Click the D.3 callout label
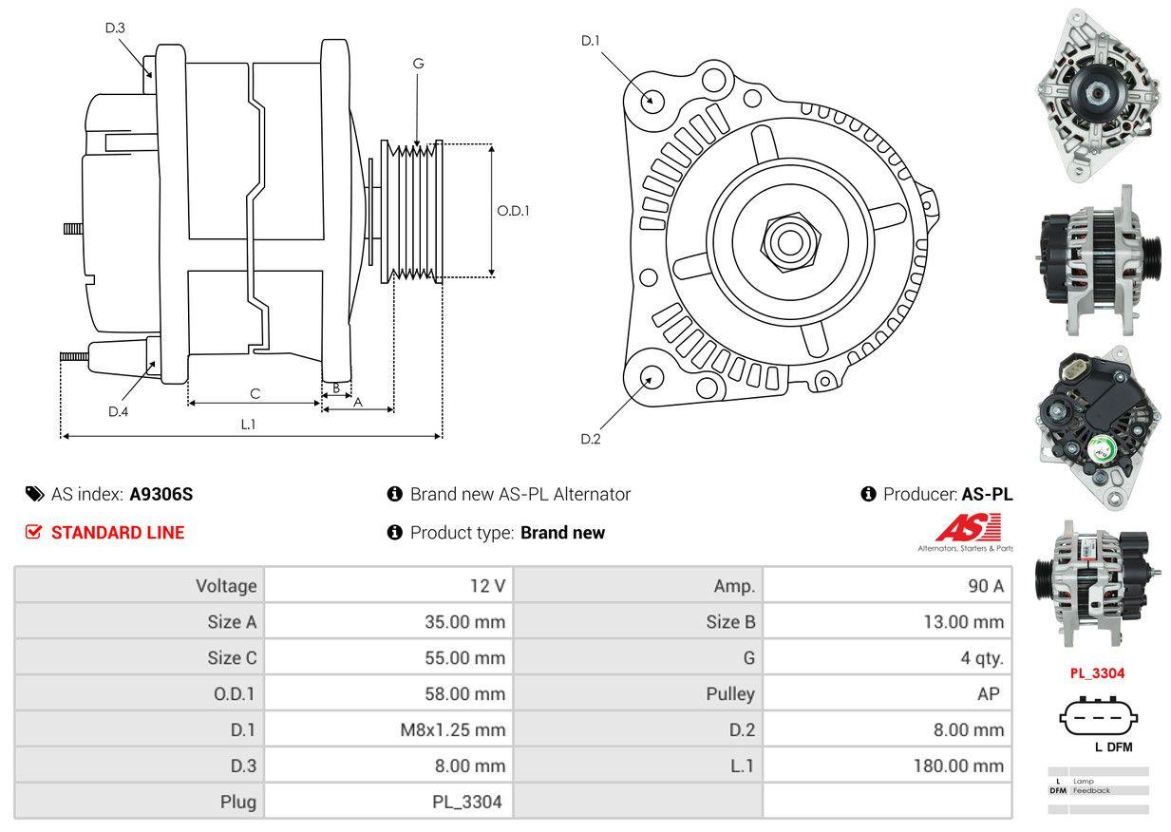point(115,28)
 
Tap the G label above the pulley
point(418,64)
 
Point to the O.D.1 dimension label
point(513,211)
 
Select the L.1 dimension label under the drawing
point(248,425)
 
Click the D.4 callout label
point(118,411)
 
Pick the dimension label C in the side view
point(255,393)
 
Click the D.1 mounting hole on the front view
point(652,99)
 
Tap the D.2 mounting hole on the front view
point(652,376)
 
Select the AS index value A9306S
point(161,494)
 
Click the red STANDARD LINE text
point(118,533)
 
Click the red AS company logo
point(968,528)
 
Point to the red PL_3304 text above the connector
point(1097,673)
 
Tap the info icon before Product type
point(395,533)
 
